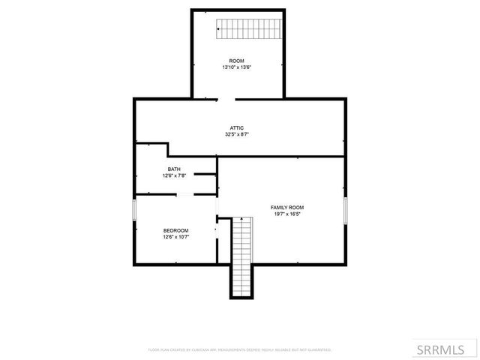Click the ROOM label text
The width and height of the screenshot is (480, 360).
(x=236, y=61)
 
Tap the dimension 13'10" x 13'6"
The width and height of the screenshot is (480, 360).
(x=236, y=67)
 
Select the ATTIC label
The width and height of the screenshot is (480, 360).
(x=236, y=128)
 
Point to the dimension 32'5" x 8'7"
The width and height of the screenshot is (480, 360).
(x=236, y=135)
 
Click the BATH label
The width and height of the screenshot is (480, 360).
(x=174, y=169)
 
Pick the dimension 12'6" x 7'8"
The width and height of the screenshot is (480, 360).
(x=174, y=175)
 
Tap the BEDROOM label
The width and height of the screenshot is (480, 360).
(x=176, y=230)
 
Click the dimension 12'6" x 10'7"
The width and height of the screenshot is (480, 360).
(x=176, y=237)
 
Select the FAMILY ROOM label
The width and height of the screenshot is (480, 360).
(x=287, y=207)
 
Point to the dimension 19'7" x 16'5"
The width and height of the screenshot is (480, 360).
(x=287, y=214)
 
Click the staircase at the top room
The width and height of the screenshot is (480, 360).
(x=248, y=29)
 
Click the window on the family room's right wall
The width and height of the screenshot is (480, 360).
(x=346, y=211)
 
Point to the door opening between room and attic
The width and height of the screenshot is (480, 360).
(x=226, y=98)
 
